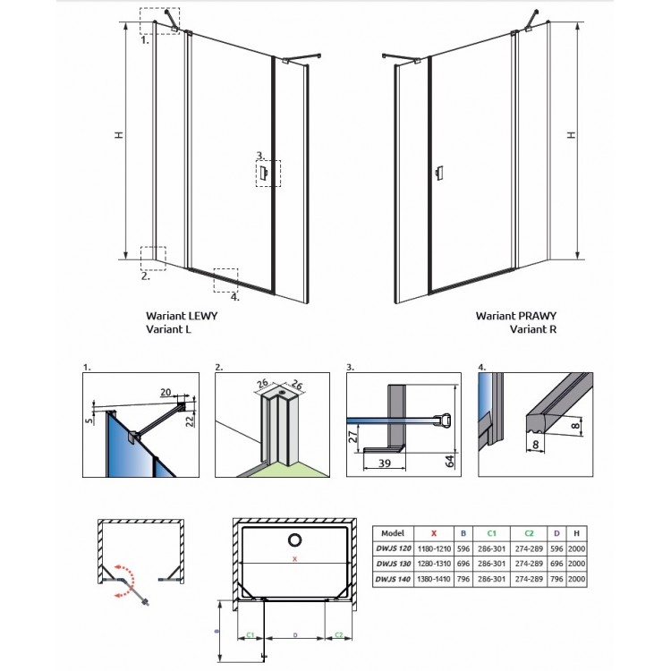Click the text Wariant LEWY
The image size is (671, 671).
coord(181,316)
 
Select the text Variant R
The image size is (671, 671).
coord(534,328)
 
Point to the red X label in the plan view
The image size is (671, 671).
coord(293,561)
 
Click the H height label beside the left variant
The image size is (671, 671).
coord(118,135)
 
